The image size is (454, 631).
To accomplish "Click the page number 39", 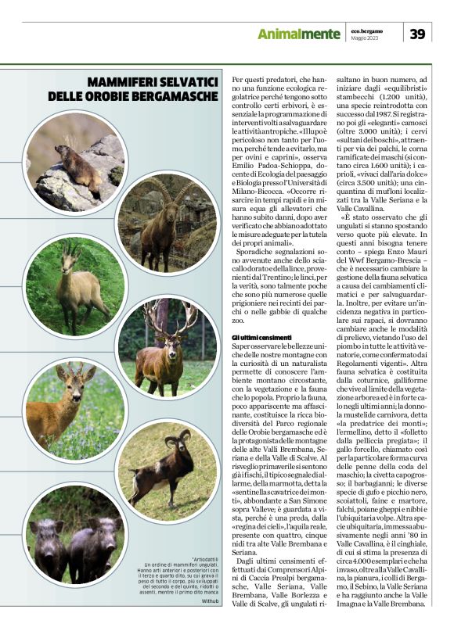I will point(417,34).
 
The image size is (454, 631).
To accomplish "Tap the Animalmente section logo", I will point(299,34).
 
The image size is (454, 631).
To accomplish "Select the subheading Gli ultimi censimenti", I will point(260,336).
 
